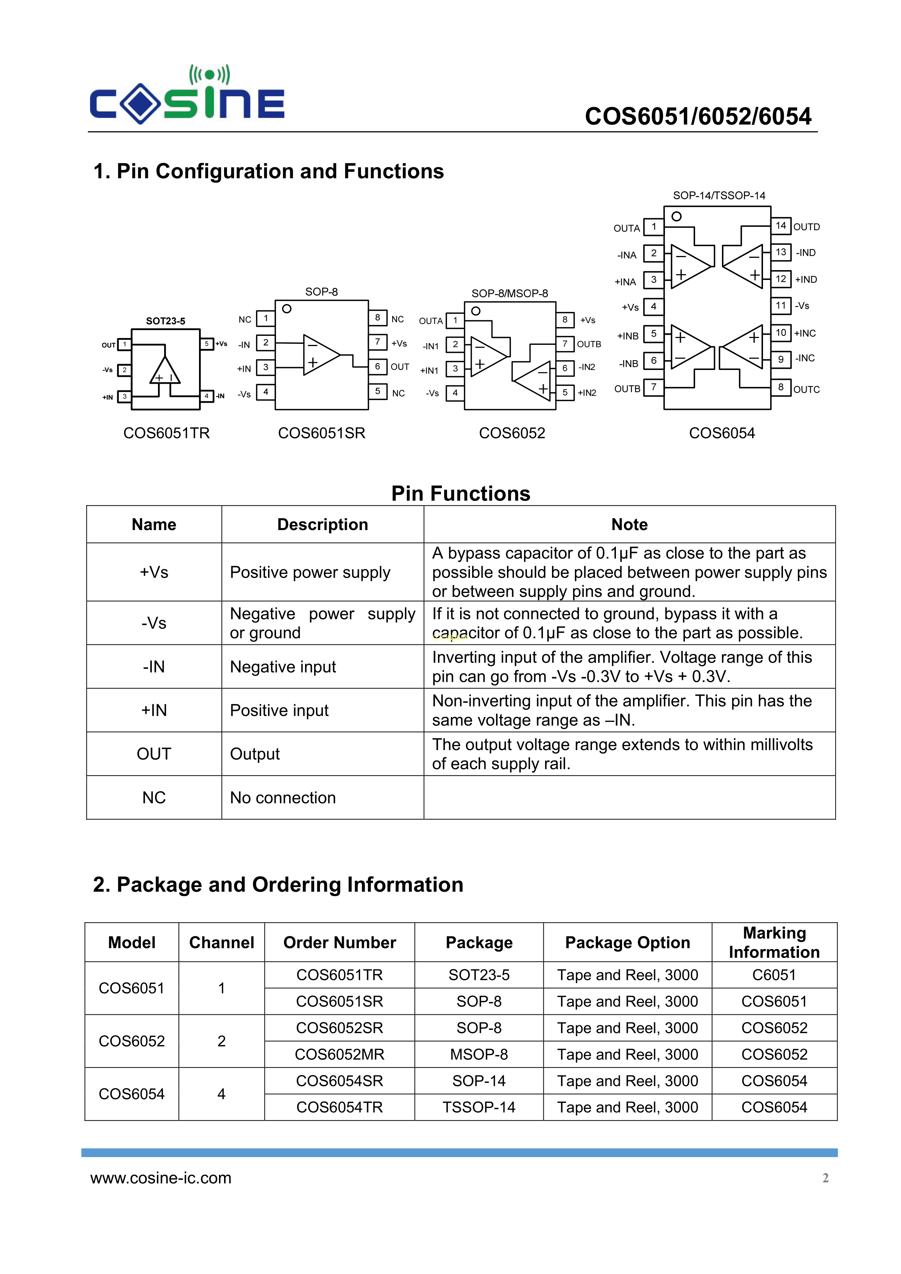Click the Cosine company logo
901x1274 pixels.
coord(187,95)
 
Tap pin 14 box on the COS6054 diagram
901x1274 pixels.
coord(780,226)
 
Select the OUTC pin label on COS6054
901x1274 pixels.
coord(806,390)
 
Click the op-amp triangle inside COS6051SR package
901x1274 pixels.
coord(320,355)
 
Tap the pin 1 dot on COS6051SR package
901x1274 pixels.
coord(287,309)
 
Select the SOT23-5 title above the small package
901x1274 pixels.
coord(166,321)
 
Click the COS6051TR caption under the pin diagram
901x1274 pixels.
coord(167,433)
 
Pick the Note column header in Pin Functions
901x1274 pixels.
coord(629,524)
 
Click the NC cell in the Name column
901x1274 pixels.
coord(154,797)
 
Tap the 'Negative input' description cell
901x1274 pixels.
coord(283,667)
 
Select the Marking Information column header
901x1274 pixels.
coord(774,942)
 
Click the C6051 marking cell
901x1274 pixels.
coord(774,975)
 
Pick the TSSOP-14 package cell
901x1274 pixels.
coord(479,1107)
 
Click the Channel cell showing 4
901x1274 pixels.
coord(222,1094)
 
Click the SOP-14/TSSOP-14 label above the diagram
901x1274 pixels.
coord(719,195)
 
